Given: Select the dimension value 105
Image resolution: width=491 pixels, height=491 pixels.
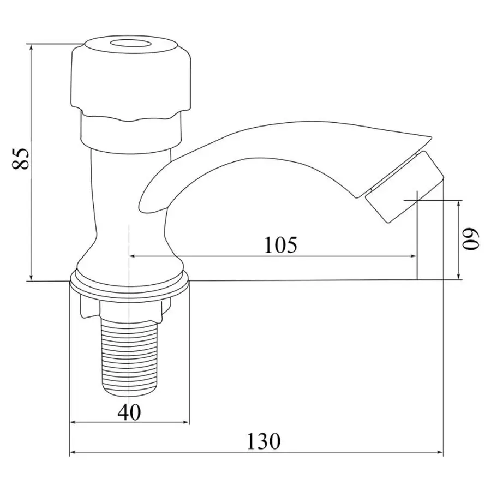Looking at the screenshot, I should click(281, 245).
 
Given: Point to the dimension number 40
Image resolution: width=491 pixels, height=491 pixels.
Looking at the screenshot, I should click(129, 412).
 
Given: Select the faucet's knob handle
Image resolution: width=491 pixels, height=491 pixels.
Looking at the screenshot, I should click(131, 76).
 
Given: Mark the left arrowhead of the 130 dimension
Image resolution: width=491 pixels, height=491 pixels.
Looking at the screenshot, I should click(73, 452).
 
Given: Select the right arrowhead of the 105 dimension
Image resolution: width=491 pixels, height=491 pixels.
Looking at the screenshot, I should click(413, 256).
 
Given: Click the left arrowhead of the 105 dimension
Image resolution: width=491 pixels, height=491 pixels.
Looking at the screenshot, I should click(132, 256).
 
